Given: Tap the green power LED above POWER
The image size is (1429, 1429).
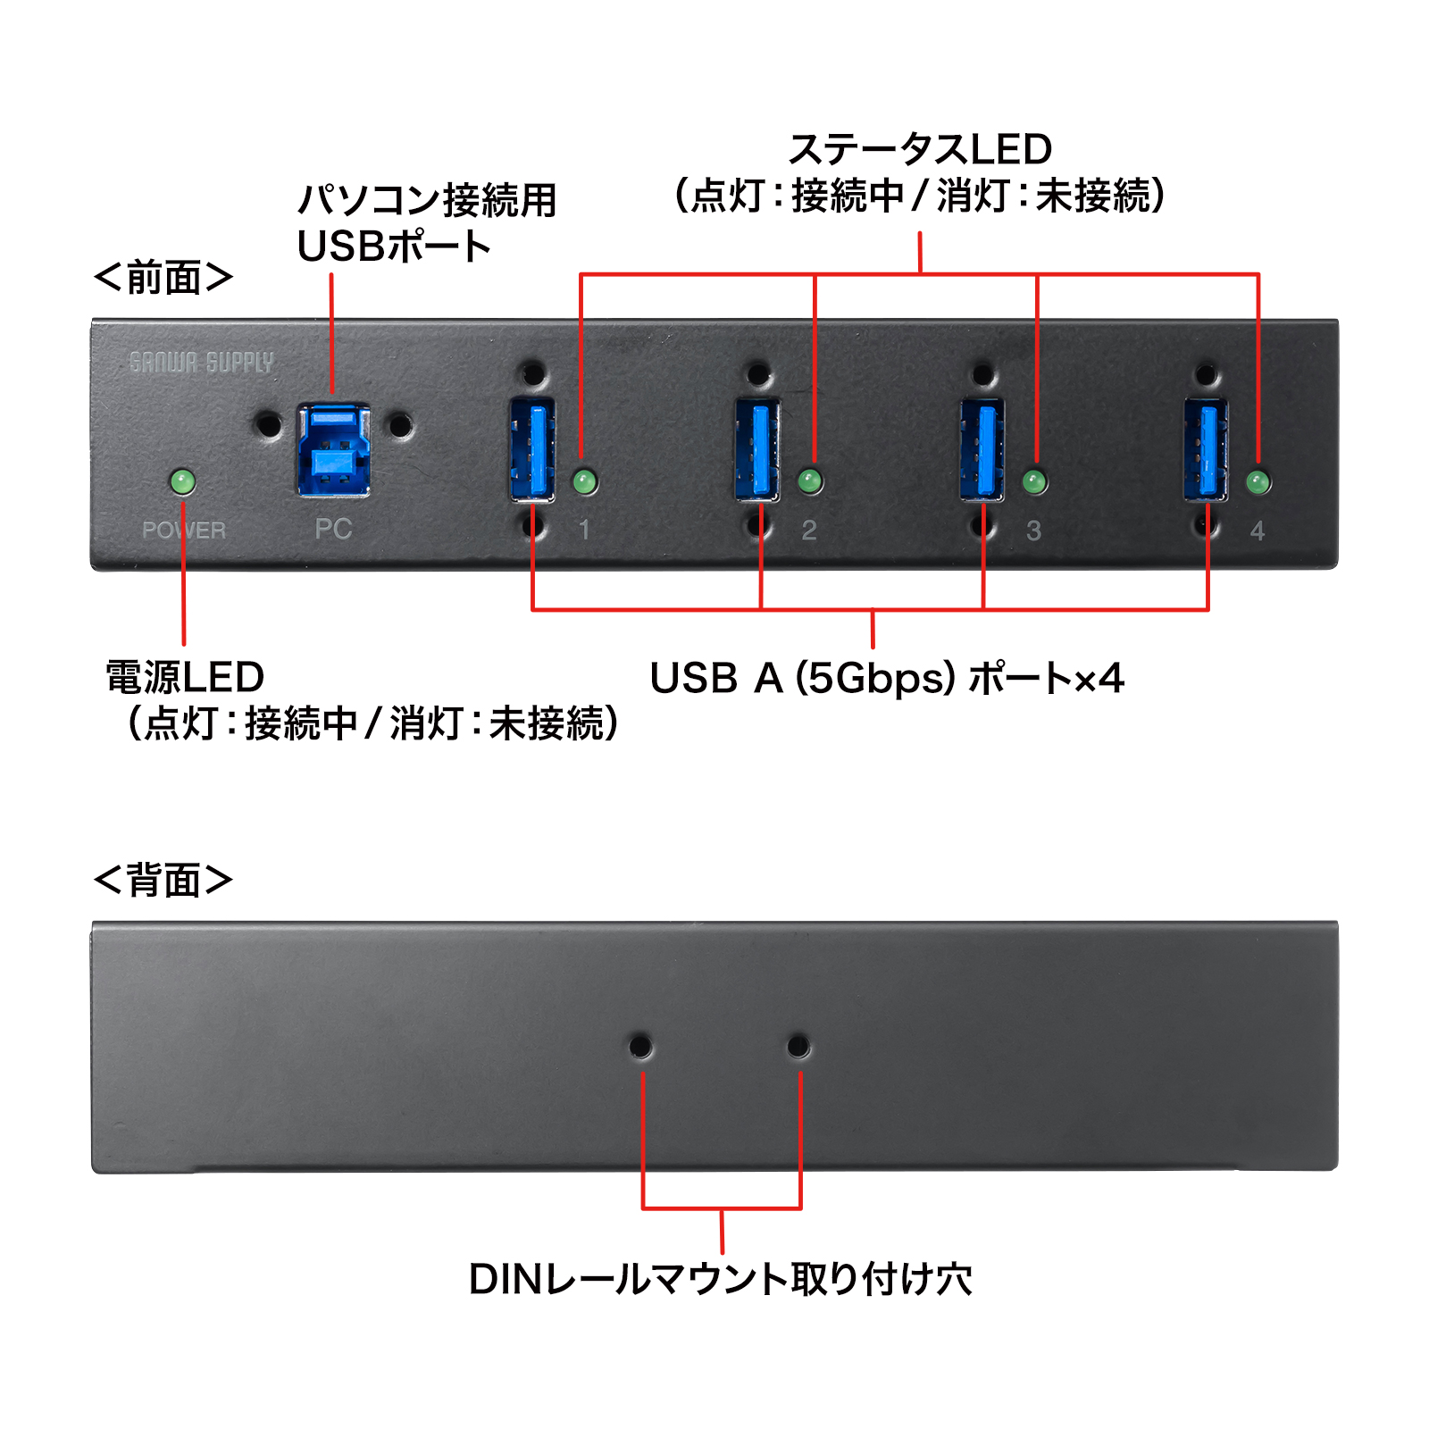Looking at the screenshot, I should click(182, 482).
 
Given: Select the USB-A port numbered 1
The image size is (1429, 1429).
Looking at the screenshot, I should click(532, 449).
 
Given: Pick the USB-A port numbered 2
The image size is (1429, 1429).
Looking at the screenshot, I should click(757, 449).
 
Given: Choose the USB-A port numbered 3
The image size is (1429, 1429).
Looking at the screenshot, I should click(982, 449).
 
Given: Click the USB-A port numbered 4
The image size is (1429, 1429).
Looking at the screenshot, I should click(1206, 449).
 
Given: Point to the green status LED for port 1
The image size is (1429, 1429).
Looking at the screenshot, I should click(585, 482).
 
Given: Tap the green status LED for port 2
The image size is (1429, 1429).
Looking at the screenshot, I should click(810, 482).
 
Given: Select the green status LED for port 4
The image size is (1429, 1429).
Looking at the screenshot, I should click(1258, 483).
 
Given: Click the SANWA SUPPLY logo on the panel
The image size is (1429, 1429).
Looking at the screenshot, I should click(201, 362).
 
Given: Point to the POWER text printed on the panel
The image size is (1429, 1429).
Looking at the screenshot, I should click(184, 531).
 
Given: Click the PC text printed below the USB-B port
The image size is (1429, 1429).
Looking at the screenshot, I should click(333, 529).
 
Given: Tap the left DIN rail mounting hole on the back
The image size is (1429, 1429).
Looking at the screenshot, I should click(640, 1046).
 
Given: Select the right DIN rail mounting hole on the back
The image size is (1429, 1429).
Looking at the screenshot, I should click(798, 1046).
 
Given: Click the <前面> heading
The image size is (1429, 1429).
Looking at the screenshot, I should click(163, 278).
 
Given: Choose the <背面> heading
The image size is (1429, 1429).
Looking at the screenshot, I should click(163, 880).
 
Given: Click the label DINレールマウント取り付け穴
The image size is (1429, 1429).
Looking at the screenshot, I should click(720, 1279).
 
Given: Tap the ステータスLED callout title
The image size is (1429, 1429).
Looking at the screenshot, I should click(920, 149).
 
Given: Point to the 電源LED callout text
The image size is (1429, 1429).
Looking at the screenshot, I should click(185, 677).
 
